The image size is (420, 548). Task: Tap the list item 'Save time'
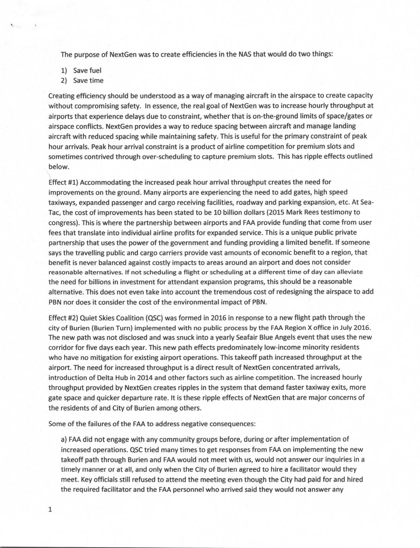(x=88, y=81)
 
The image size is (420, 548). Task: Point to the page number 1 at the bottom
(x=50, y=509)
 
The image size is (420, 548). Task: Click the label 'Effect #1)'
(x=63, y=182)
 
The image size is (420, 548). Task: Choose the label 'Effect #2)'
(x=63, y=318)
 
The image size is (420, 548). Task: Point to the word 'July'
(x=346, y=327)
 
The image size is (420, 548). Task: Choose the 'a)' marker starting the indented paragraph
(x=64, y=439)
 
